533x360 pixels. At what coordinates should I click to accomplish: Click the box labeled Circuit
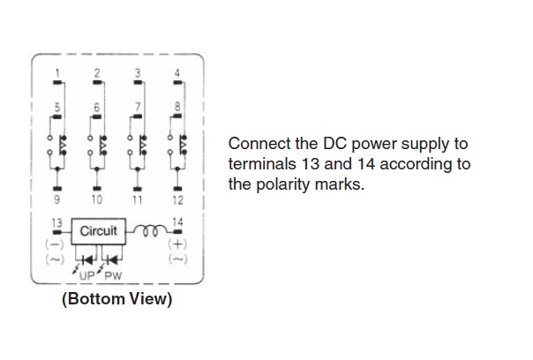tap(99, 231)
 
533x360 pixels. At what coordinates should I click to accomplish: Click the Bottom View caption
tap(116, 299)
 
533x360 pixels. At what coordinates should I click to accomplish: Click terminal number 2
tap(96, 71)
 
